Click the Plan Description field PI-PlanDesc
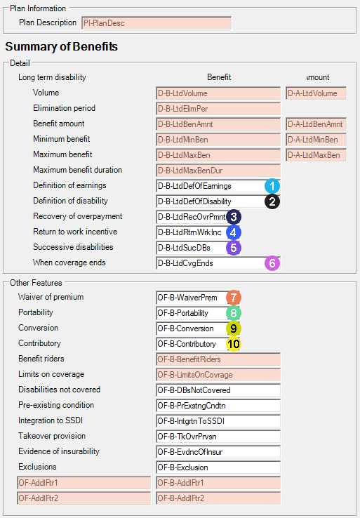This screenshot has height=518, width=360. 156,23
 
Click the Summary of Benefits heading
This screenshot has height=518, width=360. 62,46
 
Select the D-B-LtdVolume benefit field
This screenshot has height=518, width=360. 218,93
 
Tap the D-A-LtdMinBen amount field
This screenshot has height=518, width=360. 316,140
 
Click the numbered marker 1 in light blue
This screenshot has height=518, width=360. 272,186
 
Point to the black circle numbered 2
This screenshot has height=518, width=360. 272,201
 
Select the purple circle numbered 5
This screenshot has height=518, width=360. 234,248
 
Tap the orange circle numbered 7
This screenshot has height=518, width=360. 234,298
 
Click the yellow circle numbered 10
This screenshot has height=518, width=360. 234,344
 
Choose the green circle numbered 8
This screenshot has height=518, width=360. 234,313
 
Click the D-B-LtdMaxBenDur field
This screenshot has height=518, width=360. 218,171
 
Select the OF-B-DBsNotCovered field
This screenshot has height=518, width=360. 218,390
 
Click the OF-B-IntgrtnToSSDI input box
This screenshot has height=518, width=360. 218,421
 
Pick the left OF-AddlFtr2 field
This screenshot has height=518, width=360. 84,498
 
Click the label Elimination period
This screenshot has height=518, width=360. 64,108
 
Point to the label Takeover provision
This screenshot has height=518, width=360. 52,436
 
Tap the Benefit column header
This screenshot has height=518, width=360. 219,77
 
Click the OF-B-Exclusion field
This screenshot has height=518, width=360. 218,467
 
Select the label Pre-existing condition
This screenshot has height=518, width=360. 56,405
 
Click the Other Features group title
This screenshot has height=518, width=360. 36,283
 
